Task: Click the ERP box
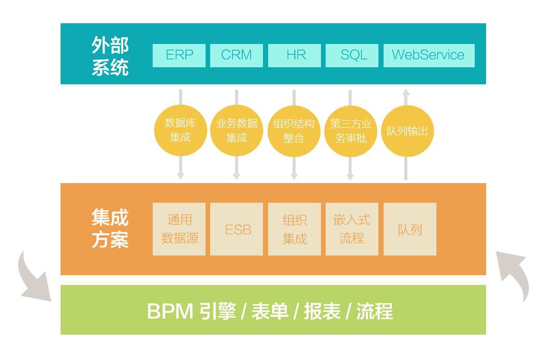click(x=179, y=55)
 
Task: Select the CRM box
click(x=237, y=55)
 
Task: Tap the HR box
click(x=294, y=55)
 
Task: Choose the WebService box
click(x=429, y=55)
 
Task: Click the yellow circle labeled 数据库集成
click(x=180, y=130)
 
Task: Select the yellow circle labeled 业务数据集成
click(x=237, y=130)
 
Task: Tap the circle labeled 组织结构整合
click(x=294, y=131)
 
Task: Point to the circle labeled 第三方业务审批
click(x=350, y=131)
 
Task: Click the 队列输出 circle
click(x=407, y=131)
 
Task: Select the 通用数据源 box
click(x=179, y=229)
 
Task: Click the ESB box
click(x=237, y=229)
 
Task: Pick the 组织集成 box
click(x=294, y=229)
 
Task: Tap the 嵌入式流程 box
click(x=352, y=229)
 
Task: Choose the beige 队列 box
click(x=409, y=229)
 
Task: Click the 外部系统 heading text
click(x=110, y=56)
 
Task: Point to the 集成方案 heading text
click(x=110, y=229)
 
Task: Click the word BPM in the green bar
click(x=170, y=311)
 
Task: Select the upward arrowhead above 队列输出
click(x=406, y=94)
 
